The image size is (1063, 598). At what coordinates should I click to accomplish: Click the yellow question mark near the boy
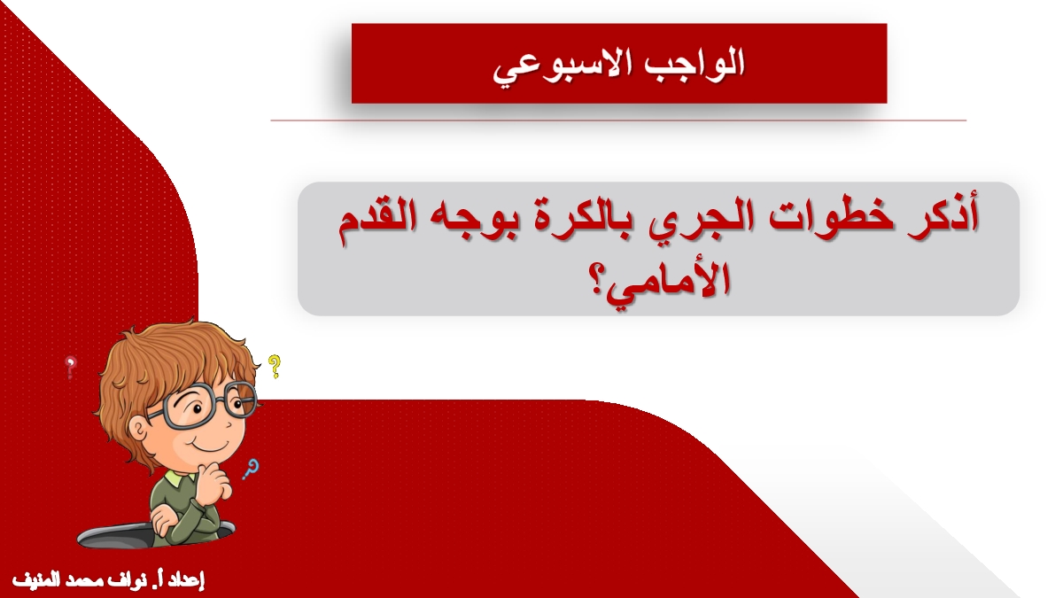click(x=274, y=366)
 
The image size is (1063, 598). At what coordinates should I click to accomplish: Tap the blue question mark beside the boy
click(x=251, y=469)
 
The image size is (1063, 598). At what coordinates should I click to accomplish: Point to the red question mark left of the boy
click(x=71, y=368)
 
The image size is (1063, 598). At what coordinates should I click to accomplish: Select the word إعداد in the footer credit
click(x=187, y=581)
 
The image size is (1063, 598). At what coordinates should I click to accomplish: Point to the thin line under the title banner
click(x=618, y=120)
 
